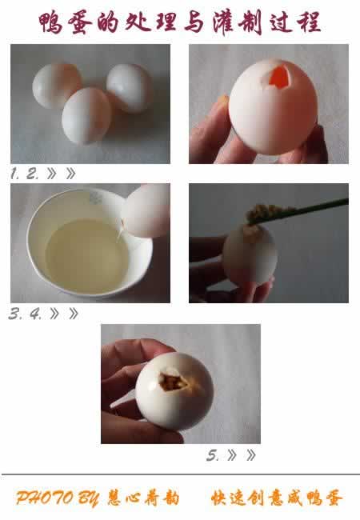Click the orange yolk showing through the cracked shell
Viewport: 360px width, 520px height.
point(278,78)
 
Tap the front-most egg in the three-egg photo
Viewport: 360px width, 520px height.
point(86,116)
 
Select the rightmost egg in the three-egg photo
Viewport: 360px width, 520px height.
point(130,87)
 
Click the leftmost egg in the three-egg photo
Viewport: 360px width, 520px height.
point(57,86)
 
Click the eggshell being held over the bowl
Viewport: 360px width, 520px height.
point(146,211)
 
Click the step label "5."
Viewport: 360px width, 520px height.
point(213,455)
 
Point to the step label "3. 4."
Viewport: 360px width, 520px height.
point(25,314)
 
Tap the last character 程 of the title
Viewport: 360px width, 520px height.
point(310,22)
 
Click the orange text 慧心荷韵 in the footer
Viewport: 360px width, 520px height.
point(143,498)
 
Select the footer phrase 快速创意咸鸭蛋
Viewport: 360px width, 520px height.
point(277,498)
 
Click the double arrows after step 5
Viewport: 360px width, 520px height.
point(242,455)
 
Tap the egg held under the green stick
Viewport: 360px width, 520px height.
point(250,254)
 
